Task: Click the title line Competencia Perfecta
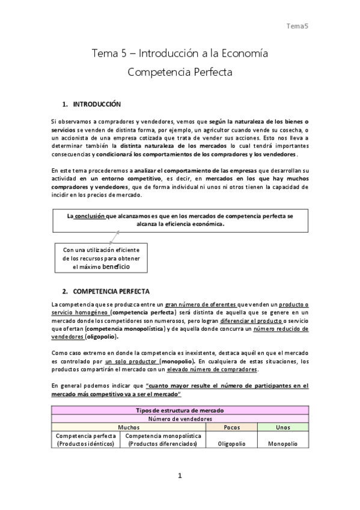[180, 73]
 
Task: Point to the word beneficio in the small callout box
[111, 266]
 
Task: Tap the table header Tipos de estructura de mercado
[180, 410]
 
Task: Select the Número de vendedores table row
[180, 418]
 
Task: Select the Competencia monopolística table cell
[164, 439]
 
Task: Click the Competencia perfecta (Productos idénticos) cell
[87, 439]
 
